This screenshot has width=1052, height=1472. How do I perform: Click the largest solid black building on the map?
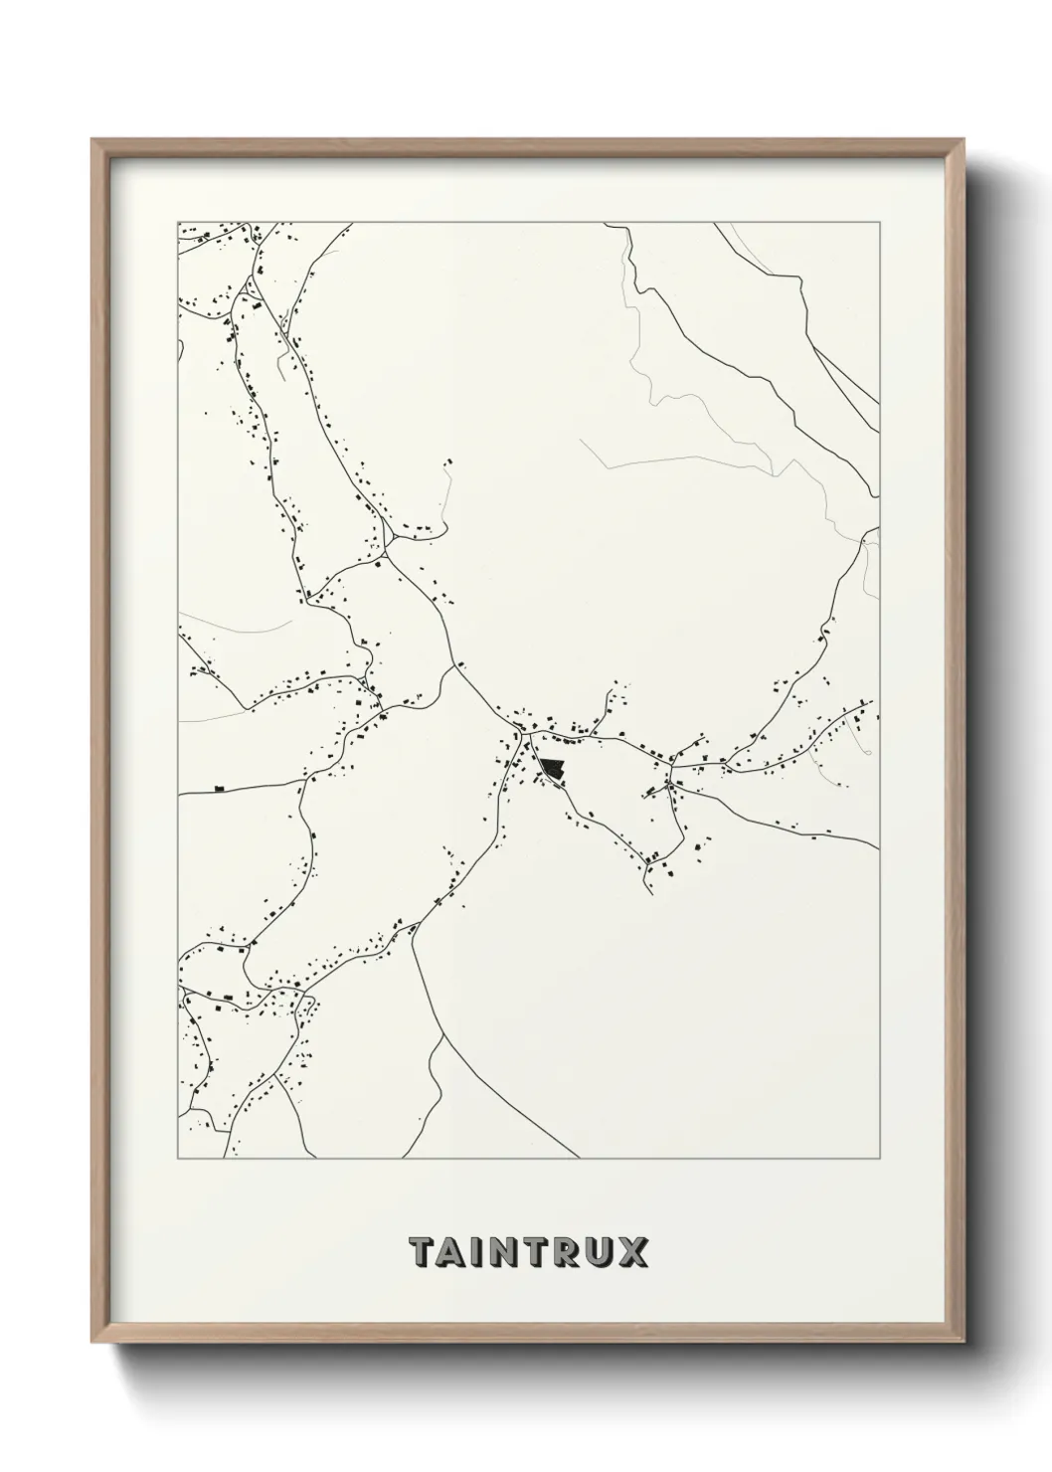click(551, 769)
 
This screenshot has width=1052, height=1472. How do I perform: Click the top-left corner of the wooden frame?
click(92, 140)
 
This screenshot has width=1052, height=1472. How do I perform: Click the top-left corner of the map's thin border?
click(177, 223)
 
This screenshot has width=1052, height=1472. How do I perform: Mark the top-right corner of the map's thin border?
click(880, 223)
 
